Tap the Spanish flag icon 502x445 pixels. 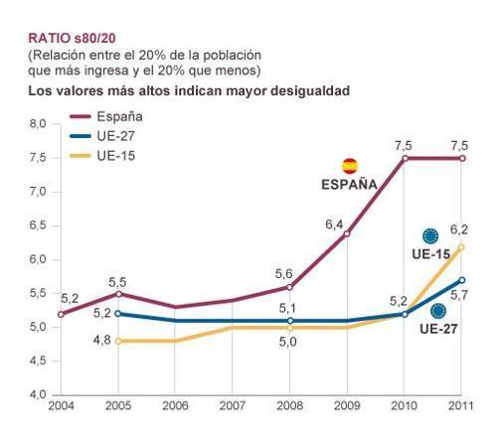tap(349, 166)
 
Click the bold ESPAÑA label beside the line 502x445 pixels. tap(349, 184)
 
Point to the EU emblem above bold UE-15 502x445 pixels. tap(430, 236)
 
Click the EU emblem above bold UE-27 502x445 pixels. tap(437, 311)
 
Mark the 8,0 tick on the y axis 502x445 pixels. tap(38, 123)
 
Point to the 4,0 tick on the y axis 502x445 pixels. tap(38, 395)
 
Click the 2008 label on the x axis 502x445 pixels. tap(290, 406)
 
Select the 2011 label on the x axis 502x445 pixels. tap(460, 406)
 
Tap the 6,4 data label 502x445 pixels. tap(334, 225)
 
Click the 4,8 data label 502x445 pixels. tap(101, 341)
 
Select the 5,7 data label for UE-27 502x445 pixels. tap(458, 296)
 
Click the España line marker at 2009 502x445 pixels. tap(347, 232)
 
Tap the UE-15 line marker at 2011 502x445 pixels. tap(461, 246)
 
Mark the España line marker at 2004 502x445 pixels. tap(61, 314)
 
